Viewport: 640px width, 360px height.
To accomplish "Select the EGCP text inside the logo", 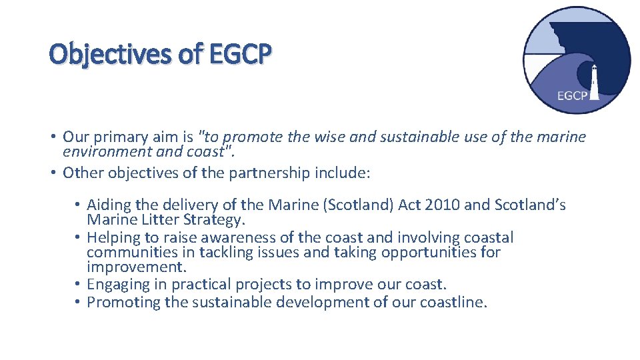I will click(x=572, y=96).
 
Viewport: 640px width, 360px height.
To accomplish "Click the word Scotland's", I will click(x=530, y=205).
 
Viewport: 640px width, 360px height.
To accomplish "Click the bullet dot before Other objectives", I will click(x=52, y=173).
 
